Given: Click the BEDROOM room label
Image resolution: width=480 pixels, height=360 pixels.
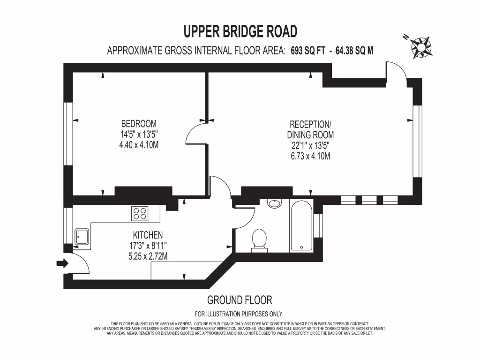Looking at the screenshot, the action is [139, 124].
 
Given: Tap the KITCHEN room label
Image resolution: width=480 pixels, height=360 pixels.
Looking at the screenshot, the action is [148, 235].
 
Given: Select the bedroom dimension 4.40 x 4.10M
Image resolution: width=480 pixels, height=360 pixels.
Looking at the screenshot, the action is [139, 145].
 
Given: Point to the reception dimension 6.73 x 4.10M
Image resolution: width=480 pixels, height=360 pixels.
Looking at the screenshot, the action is [310, 156].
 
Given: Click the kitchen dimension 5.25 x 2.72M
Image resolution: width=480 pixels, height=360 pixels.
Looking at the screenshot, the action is [148, 256].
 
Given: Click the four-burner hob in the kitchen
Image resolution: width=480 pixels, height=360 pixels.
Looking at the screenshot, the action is [140, 214].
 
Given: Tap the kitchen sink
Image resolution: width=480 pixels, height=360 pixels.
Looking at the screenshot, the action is [82, 237].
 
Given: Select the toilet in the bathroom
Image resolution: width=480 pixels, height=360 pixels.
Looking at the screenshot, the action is [259, 241].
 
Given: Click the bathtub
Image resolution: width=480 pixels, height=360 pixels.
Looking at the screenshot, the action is [301, 226].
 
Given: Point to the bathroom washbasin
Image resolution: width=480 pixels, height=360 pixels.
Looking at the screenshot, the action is [274, 203].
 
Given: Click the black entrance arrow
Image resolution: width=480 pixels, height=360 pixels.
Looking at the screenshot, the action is [62, 263].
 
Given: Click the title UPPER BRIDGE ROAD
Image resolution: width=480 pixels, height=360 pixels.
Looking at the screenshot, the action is [240, 31].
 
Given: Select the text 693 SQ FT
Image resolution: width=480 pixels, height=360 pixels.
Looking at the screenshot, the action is [308, 51].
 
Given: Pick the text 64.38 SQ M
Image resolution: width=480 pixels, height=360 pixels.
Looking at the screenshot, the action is [354, 51].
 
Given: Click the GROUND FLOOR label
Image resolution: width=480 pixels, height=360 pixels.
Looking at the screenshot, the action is [240, 300].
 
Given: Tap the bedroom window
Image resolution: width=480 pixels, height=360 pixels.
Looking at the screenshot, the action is [68, 134].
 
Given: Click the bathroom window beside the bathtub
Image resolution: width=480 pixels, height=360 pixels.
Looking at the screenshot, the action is [318, 225].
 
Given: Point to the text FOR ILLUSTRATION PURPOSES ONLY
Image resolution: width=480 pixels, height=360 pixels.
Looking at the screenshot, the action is [239, 314].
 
